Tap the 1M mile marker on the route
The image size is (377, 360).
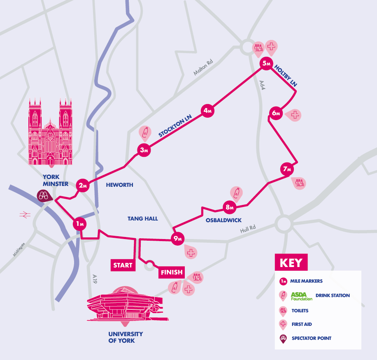point(80,224)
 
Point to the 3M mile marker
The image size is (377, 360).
point(144,150)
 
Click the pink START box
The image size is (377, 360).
point(123,265)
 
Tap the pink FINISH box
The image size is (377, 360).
point(171,272)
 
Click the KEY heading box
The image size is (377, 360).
point(291,262)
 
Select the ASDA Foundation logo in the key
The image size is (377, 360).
point(302,296)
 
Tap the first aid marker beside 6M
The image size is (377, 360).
point(295,115)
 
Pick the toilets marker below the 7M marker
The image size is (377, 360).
point(299,183)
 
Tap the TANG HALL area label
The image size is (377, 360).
point(142,219)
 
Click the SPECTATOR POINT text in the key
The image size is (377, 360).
point(312,338)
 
